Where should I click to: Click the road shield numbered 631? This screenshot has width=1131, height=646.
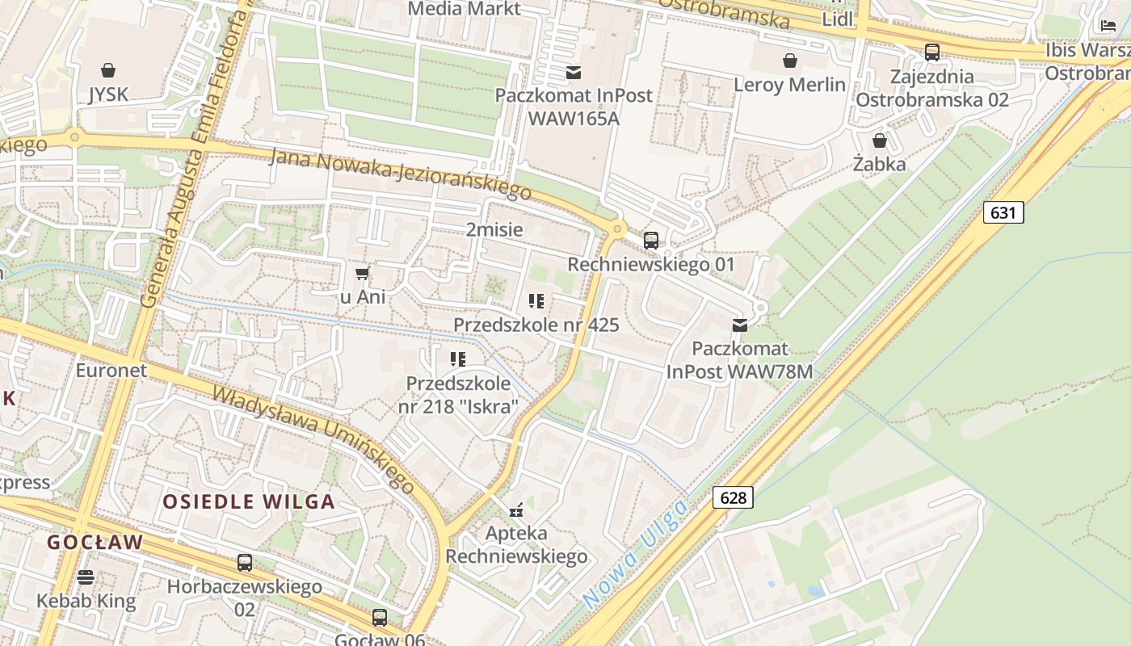click(x=1003, y=212)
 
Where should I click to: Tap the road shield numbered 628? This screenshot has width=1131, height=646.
click(x=733, y=497)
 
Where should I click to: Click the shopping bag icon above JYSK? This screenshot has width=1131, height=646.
click(x=108, y=70)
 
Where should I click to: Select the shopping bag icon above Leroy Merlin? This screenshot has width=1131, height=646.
click(x=790, y=61)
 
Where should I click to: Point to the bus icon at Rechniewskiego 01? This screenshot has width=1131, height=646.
click(x=651, y=240)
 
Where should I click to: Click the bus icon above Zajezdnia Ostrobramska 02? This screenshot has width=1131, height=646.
click(x=932, y=52)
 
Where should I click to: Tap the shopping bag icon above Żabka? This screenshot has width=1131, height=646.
click(x=880, y=141)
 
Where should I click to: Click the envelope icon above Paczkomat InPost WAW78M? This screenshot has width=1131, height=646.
click(x=739, y=325)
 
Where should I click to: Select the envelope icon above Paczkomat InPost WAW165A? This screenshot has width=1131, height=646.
click(x=574, y=72)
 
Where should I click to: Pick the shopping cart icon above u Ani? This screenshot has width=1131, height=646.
click(x=363, y=273)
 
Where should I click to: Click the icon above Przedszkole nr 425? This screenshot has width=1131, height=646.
click(x=536, y=301)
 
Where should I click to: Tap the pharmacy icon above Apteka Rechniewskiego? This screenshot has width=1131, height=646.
click(x=516, y=510)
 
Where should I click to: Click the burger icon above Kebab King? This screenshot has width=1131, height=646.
click(x=86, y=577)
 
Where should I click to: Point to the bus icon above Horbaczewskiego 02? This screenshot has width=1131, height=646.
click(x=245, y=563)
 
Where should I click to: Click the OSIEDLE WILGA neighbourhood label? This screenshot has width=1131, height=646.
click(x=249, y=501)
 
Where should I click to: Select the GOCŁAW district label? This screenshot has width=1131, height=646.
click(x=95, y=542)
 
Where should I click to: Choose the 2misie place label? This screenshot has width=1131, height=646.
click(x=494, y=229)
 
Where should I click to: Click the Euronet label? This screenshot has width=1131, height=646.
click(x=111, y=371)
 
